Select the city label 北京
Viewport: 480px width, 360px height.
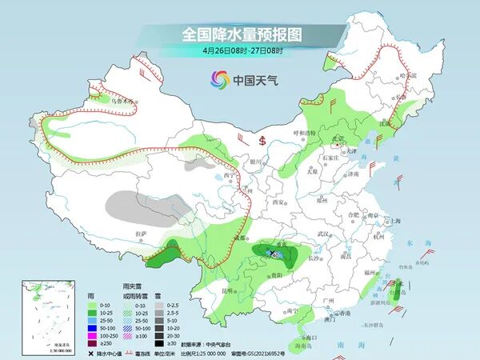coord(340,138)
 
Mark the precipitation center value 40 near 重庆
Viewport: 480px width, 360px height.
coord(277,255)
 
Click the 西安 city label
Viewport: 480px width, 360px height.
coord(278,203)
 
